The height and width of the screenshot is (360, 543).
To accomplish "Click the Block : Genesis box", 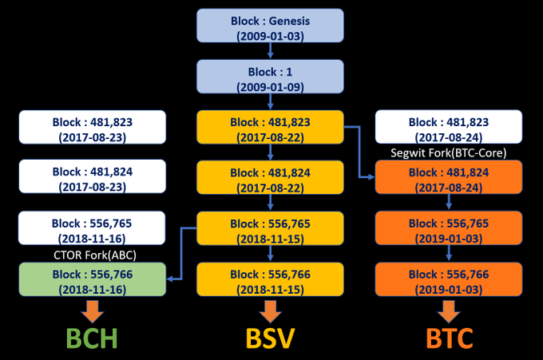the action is pyautogui.click(x=270, y=26).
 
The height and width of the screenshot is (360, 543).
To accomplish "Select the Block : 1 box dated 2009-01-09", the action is pyautogui.click(x=270, y=77).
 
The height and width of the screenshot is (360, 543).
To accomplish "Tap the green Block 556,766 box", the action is pyautogui.click(x=93, y=279).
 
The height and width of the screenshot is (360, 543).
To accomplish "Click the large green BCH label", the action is pyautogui.click(x=92, y=338).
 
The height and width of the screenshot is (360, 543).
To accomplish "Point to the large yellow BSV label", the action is pyautogui.click(x=270, y=338).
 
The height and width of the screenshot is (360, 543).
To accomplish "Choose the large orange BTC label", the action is pyautogui.click(x=449, y=338).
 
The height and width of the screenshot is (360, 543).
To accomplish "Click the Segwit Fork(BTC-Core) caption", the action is pyautogui.click(x=449, y=152).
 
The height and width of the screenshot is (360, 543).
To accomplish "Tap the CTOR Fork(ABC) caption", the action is pyautogui.click(x=95, y=255).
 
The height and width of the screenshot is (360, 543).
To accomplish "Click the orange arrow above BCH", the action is pyautogui.click(x=93, y=311).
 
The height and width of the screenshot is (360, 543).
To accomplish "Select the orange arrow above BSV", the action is pyautogui.click(x=271, y=311).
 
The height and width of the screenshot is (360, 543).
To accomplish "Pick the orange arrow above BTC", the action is pyautogui.click(x=449, y=311).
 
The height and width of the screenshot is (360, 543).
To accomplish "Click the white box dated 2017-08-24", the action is pyautogui.click(x=449, y=127).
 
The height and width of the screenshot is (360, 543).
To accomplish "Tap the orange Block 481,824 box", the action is pyautogui.click(x=449, y=177).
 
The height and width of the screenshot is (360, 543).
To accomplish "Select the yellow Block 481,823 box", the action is pyautogui.click(x=270, y=127).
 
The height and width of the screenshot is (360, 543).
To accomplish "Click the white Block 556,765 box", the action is pyautogui.click(x=92, y=228).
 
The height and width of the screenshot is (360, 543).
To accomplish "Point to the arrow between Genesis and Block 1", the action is pyautogui.click(x=271, y=50).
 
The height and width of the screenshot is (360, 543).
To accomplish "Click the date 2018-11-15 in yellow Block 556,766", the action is pyautogui.click(x=270, y=290).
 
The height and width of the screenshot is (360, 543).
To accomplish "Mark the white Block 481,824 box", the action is pyautogui.click(x=93, y=176).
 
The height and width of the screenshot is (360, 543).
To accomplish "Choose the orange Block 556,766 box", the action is pyautogui.click(x=449, y=279).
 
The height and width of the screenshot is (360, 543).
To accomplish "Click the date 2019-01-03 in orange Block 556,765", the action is pyautogui.click(x=449, y=239).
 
